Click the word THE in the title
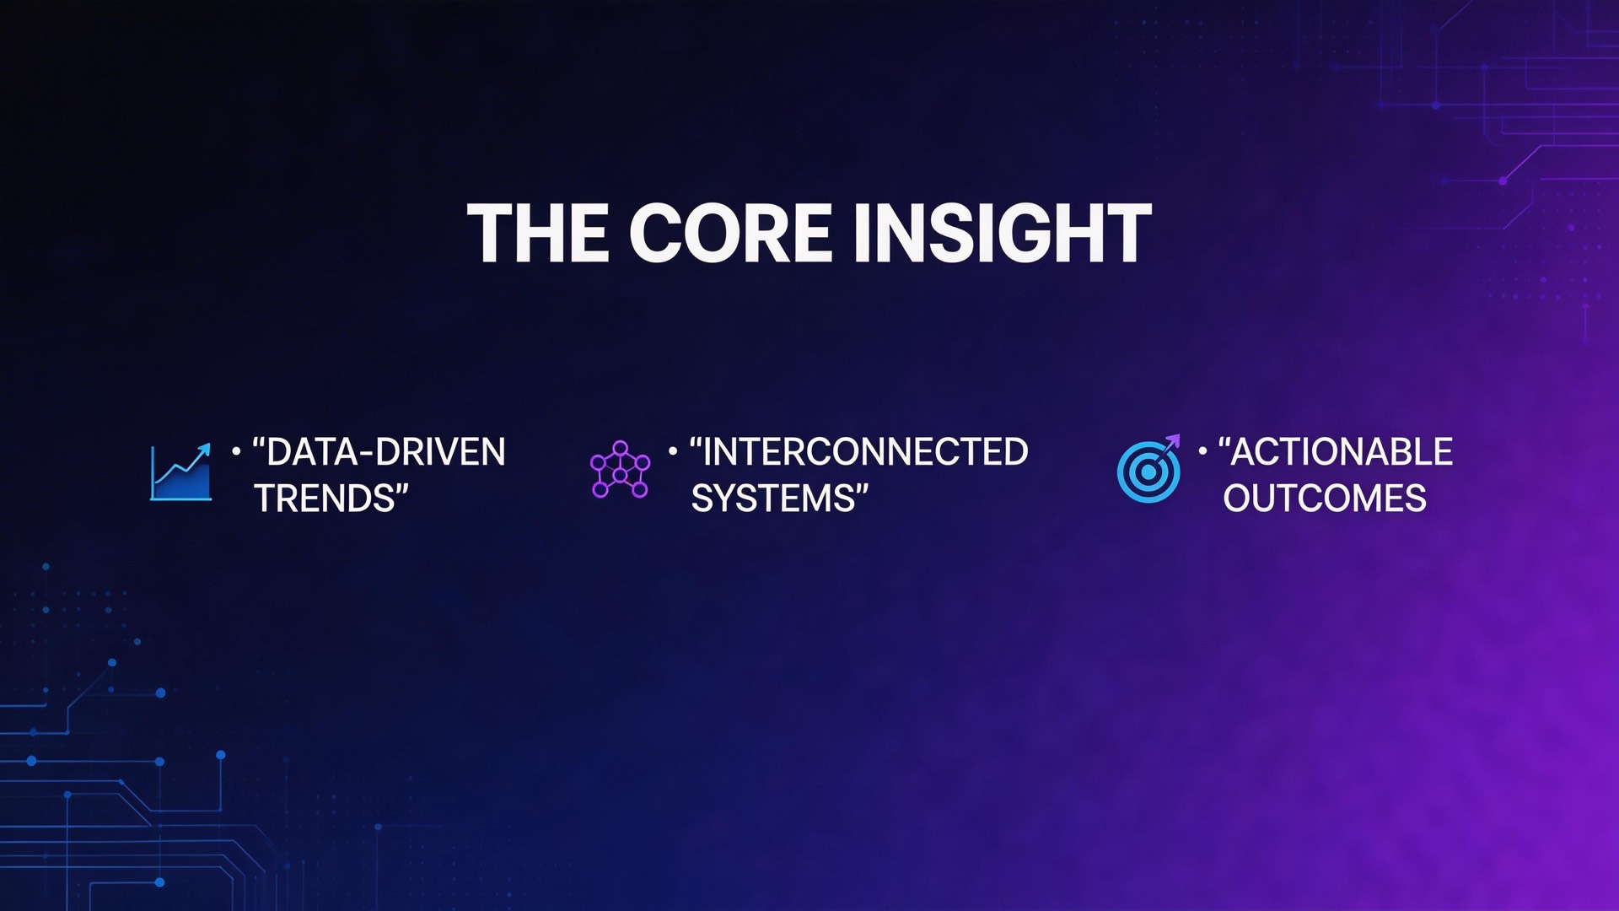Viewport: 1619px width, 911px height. point(538,234)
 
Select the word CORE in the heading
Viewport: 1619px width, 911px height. point(730,234)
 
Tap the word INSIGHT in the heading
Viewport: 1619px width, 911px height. point(1002,234)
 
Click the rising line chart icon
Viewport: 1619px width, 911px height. point(180,472)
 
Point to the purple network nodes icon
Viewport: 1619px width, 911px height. point(620,470)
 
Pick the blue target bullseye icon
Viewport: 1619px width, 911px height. point(1148,472)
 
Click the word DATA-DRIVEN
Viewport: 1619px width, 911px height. point(386,452)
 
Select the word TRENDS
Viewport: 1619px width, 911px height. point(325,499)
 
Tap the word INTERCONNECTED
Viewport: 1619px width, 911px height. point(865,452)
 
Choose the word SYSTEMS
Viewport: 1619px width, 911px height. point(772,499)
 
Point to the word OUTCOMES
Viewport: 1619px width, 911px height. point(1325,499)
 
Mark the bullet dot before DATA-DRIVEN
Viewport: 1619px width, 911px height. point(236,451)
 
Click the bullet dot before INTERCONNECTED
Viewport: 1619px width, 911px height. point(673,451)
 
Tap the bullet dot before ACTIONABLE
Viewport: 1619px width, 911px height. point(1202,451)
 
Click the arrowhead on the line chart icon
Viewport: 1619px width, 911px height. point(204,450)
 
